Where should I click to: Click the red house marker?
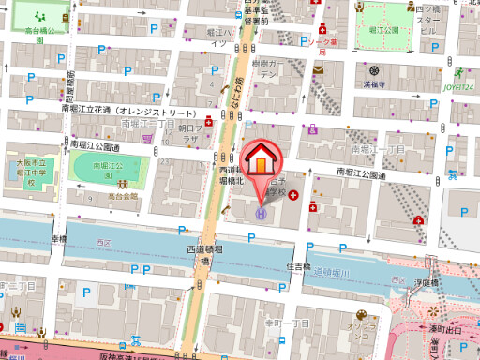tap(260, 160)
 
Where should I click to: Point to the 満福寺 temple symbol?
tap(374, 71)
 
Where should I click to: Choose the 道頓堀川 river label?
tap(331, 272)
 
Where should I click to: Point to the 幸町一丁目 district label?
tap(287, 322)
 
